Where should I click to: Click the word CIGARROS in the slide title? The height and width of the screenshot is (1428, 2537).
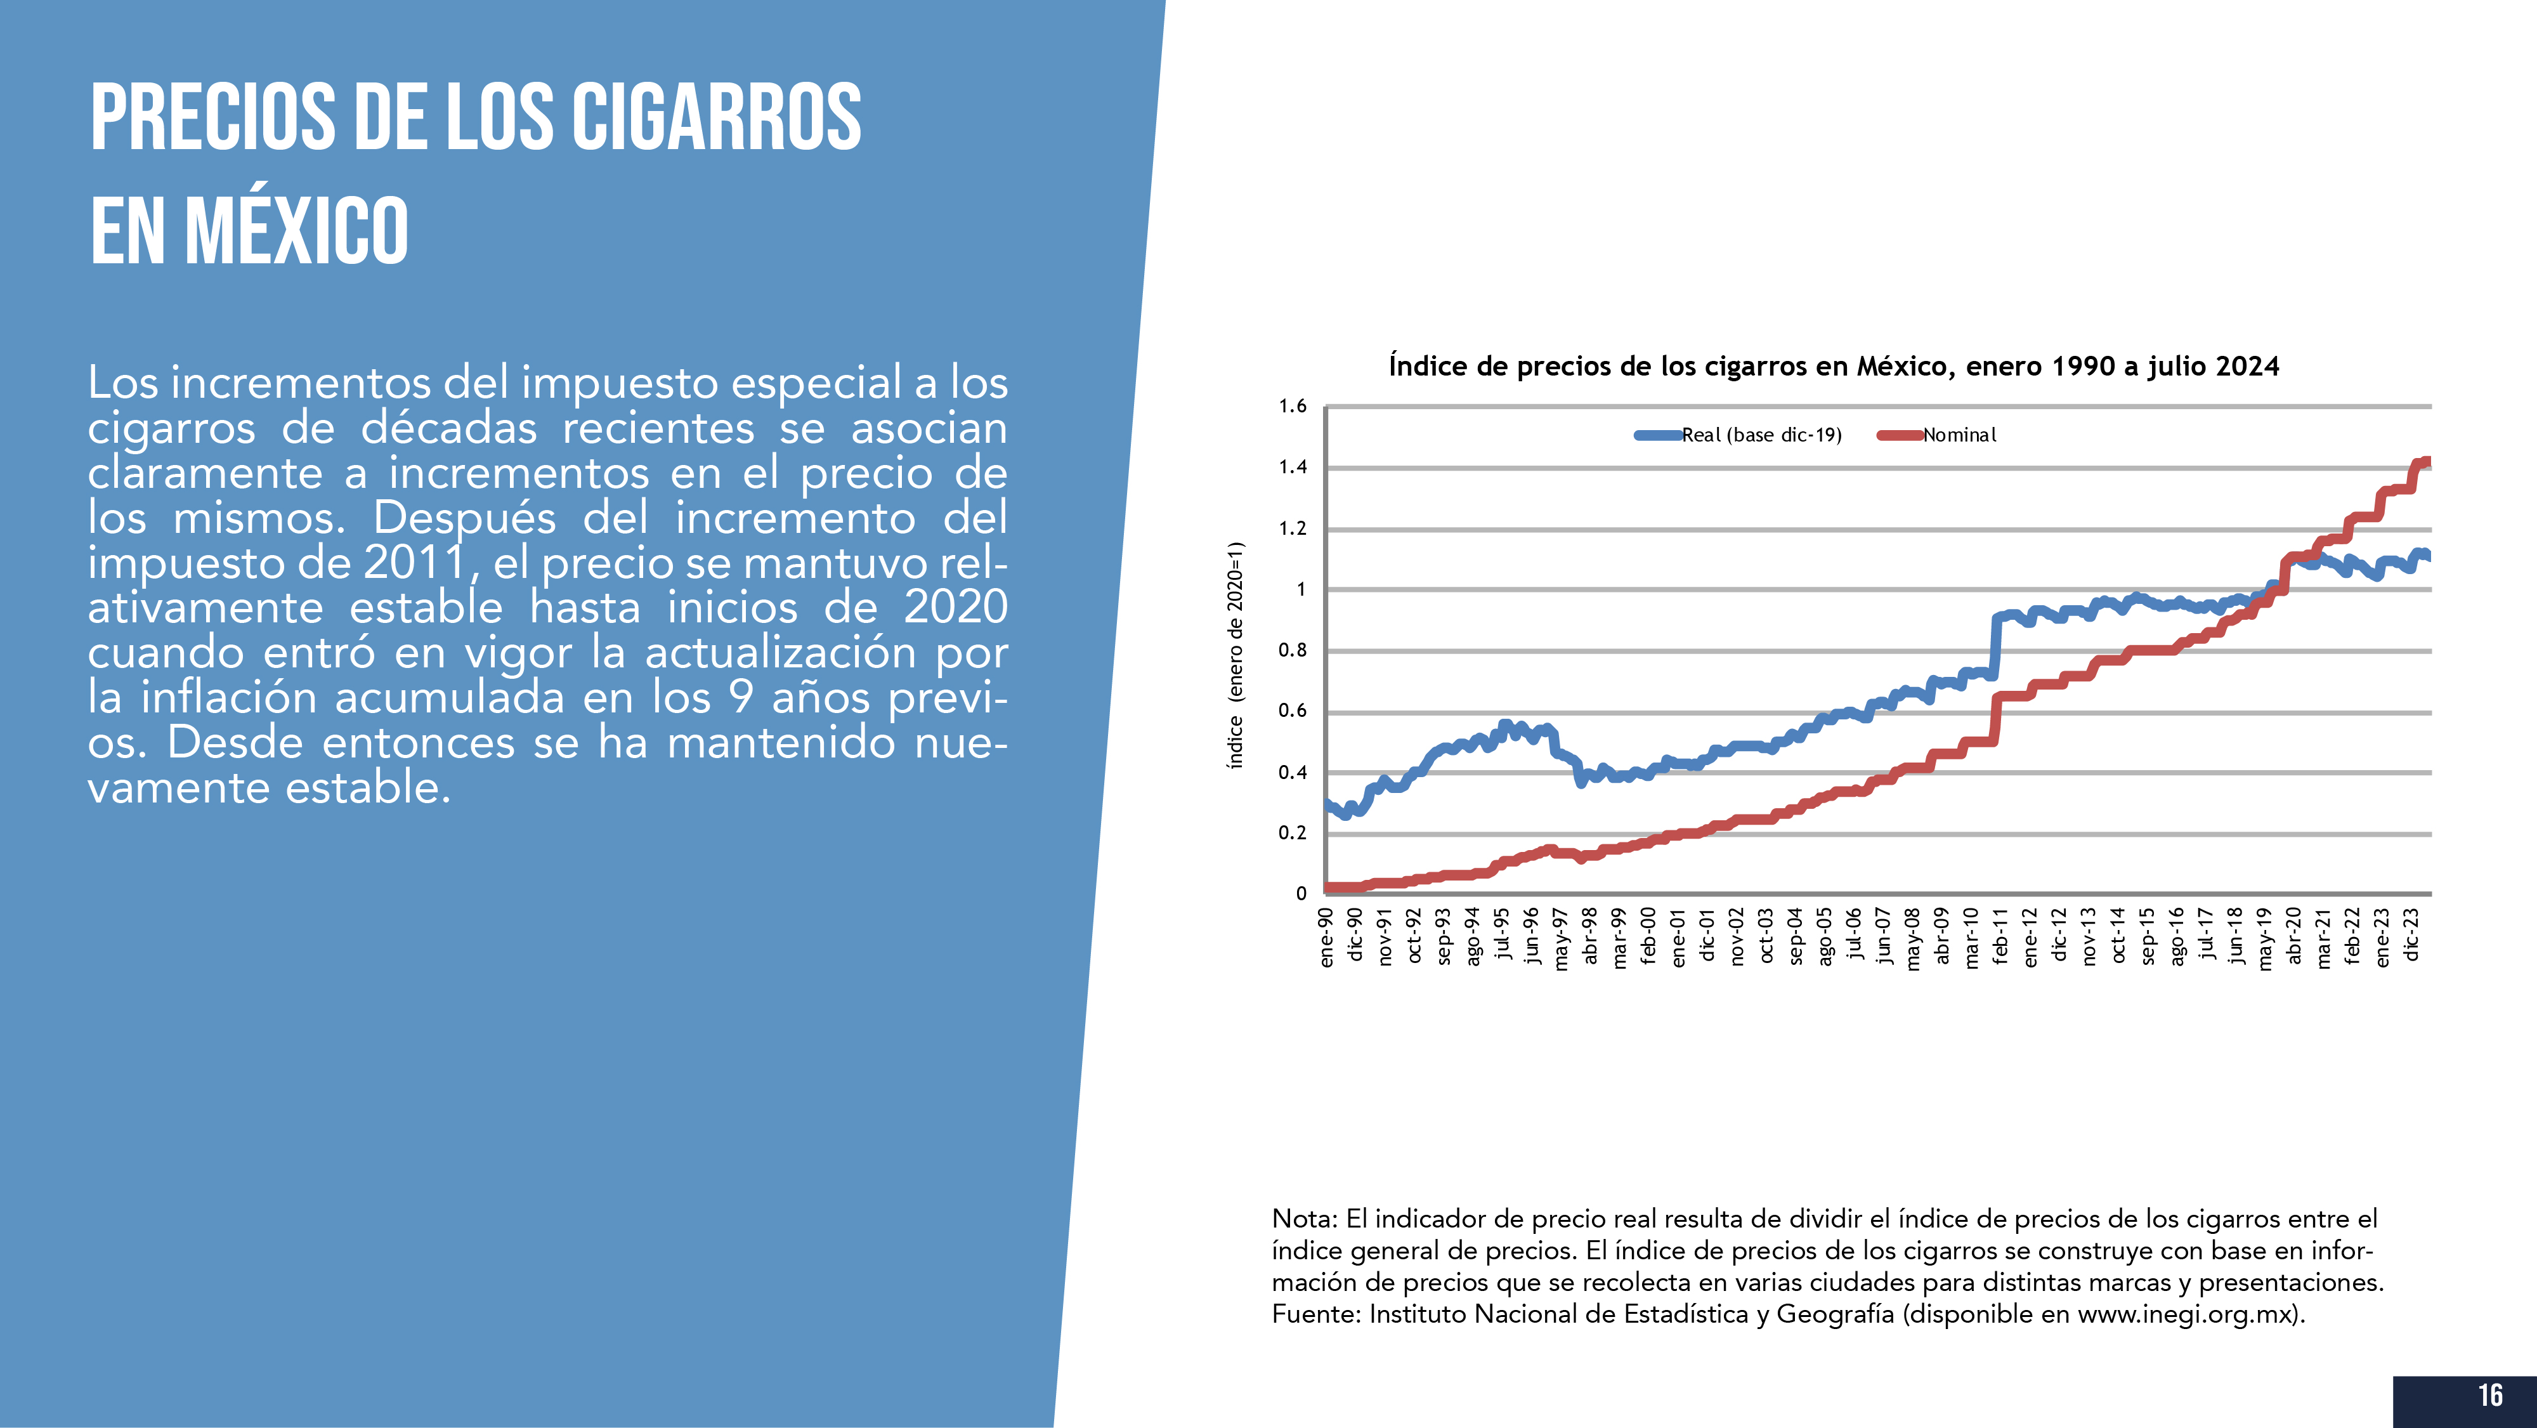(x=716, y=117)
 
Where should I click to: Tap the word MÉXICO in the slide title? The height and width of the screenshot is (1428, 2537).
(x=296, y=232)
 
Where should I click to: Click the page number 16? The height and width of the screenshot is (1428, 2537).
(x=2489, y=1396)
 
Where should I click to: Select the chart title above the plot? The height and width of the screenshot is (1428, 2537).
(x=1833, y=366)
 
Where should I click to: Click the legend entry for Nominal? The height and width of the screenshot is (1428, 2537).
(x=1959, y=435)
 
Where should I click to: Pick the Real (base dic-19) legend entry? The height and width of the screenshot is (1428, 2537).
(x=1760, y=435)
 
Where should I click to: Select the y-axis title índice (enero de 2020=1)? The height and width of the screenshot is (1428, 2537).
(x=1235, y=655)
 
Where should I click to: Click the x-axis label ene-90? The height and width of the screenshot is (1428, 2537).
(x=1327, y=938)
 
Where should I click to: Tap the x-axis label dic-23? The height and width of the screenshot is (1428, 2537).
(x=2411, y=934)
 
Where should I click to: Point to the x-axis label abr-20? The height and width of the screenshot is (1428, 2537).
(x=2293, y=936)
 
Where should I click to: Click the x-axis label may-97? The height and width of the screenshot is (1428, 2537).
(x=1561, y=940)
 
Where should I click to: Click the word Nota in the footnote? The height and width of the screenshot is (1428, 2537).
(x=1303, y=1219)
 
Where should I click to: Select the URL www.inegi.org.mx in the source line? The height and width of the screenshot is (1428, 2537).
(x=2186, y=1314)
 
